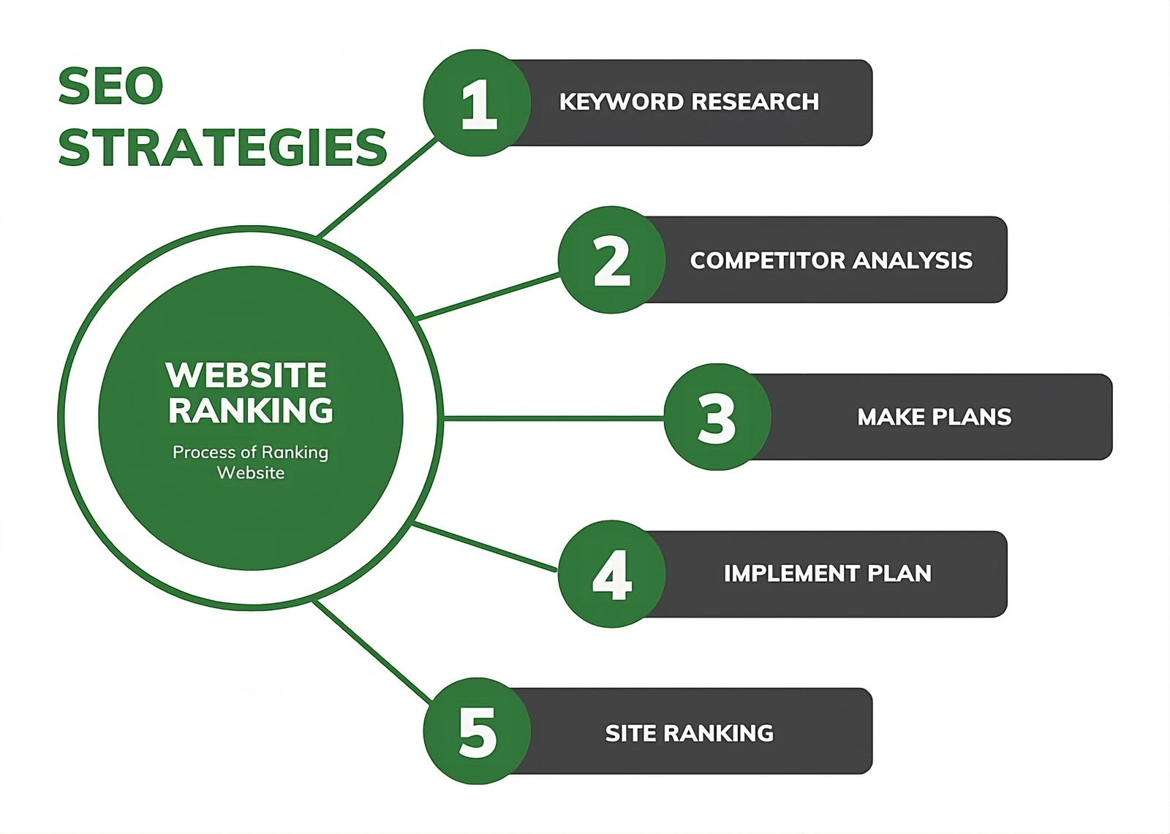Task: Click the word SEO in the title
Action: tap(110, 86)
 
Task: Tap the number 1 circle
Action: tap(477, 103)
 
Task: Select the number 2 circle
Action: tap(611, 260)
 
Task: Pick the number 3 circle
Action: tap(717, 417)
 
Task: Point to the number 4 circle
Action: tap(611, 574)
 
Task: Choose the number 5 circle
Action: tap(477, 731)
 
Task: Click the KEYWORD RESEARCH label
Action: tap(689, 102)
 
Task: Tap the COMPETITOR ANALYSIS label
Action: tap(831, 260)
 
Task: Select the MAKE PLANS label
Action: tap(935, 417)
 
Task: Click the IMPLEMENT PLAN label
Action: tap(827, 573)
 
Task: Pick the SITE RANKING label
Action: tap(689, 733)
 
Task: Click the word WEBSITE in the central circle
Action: tap(246, 375)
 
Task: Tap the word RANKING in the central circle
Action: tap(250, 411)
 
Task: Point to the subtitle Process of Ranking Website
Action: tap(250, 462)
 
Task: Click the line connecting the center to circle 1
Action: tap(377, 187)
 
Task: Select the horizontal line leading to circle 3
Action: tap(554, 418)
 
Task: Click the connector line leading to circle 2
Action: tap(488, 296)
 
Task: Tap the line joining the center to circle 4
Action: tap(485, 547)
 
